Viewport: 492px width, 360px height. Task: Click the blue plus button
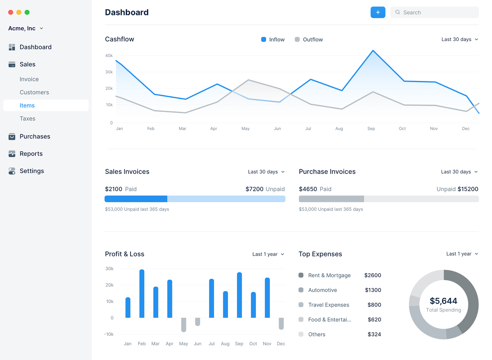(378, 12)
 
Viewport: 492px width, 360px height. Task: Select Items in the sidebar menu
(27, 105)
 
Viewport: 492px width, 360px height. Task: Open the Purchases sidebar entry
(35, 136)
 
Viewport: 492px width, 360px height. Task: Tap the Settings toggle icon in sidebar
(12, 171)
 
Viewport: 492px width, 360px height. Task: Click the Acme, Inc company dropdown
(26, 28)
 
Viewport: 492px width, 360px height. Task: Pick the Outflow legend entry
(309, 39)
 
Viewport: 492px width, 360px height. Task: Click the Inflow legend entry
(273, 39)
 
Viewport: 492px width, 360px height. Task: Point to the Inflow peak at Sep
(373, 51)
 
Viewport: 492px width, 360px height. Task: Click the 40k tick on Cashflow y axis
(109, 56)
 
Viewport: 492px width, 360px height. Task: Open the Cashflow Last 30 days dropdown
(460, 39)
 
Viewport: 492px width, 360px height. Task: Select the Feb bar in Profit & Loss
(142, 294)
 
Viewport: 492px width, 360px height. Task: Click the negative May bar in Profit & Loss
(183, 325)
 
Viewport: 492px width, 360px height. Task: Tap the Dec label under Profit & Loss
(281, 344)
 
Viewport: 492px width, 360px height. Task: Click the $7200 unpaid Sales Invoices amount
(254, 189)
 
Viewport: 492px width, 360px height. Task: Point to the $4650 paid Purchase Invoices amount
(308, 189)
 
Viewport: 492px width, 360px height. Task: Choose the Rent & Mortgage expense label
(329, 275)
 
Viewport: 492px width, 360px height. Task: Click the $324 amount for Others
(374, 334)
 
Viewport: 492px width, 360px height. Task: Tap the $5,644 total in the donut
(443, 301)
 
